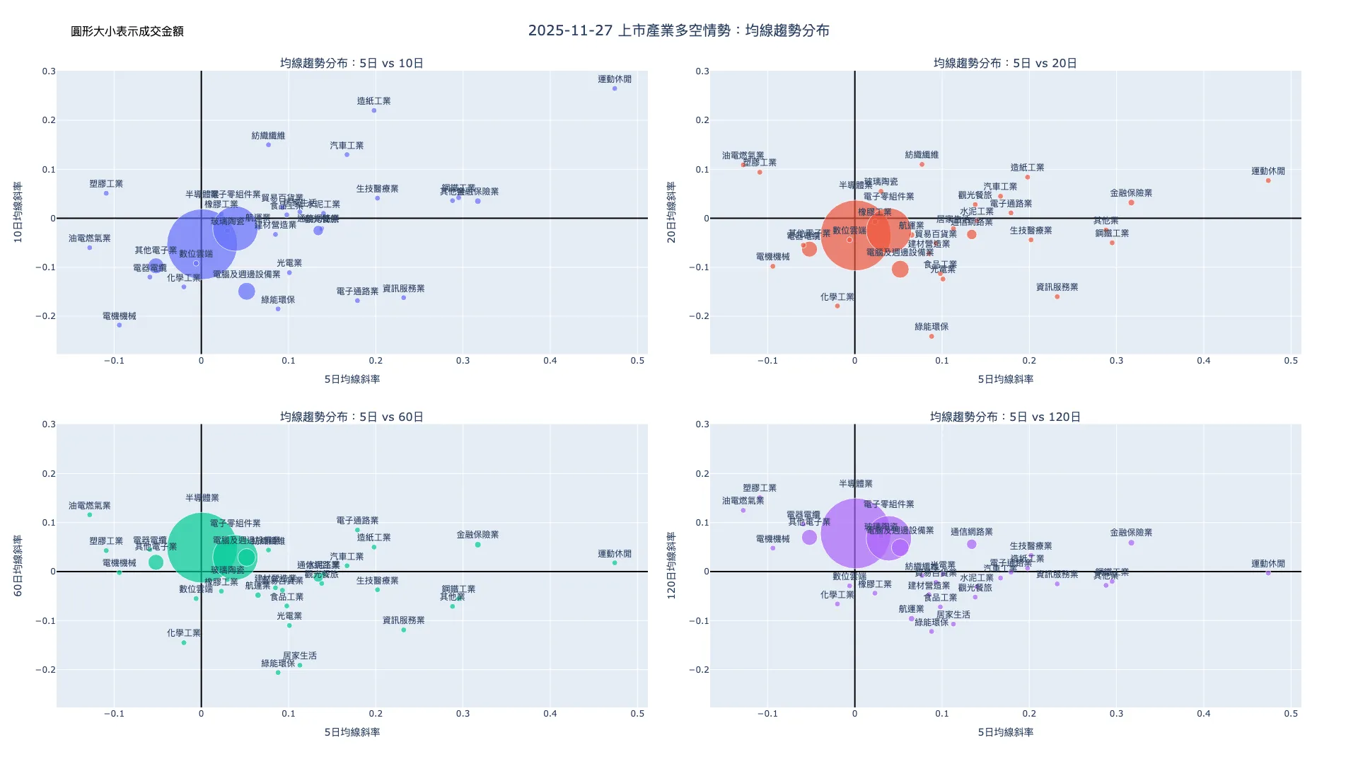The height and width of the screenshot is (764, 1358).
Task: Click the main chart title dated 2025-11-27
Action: [x=678, y=30]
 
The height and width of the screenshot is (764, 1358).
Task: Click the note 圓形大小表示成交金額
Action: [x=127, y=31]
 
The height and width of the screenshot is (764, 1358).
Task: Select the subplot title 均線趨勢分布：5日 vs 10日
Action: [x=352, y=63]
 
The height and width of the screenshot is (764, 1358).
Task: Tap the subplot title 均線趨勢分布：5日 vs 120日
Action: [x=1005, y=417]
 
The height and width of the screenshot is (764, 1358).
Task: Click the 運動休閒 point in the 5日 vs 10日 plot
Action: [x=615, y=88]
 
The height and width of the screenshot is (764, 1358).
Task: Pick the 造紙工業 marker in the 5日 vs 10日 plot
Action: [x=374, y=110]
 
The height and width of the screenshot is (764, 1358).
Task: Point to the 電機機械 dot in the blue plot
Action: [x=120, y=325]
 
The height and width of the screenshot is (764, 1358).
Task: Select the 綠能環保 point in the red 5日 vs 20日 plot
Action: [x=932, y=336]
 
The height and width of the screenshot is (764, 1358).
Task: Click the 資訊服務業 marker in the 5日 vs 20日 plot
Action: [x=1057, y=296]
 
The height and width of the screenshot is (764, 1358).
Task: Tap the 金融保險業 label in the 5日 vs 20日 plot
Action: [x=1131, y=193]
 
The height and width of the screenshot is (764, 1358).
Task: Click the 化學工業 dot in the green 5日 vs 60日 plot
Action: [x=184, y=642]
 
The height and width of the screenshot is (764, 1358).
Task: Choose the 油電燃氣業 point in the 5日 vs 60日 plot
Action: [x=90, y=515]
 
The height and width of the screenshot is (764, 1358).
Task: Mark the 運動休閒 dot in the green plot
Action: [x=615, y=563]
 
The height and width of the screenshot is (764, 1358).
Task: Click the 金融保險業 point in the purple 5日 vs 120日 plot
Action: [x=1131, y=543]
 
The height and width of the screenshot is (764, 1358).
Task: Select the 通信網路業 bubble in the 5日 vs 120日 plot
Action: [x=972, y=544]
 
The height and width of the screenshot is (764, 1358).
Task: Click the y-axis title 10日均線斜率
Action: [x=18, y=212]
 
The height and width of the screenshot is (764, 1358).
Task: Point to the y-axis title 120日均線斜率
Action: [x=672, y=566]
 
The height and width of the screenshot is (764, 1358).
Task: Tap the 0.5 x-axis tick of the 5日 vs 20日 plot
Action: [x=1291, y=361]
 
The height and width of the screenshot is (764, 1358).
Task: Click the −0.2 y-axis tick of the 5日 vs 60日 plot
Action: [x=45, y=670]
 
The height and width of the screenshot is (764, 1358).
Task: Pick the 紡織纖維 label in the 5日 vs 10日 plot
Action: [x=268, y=136]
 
